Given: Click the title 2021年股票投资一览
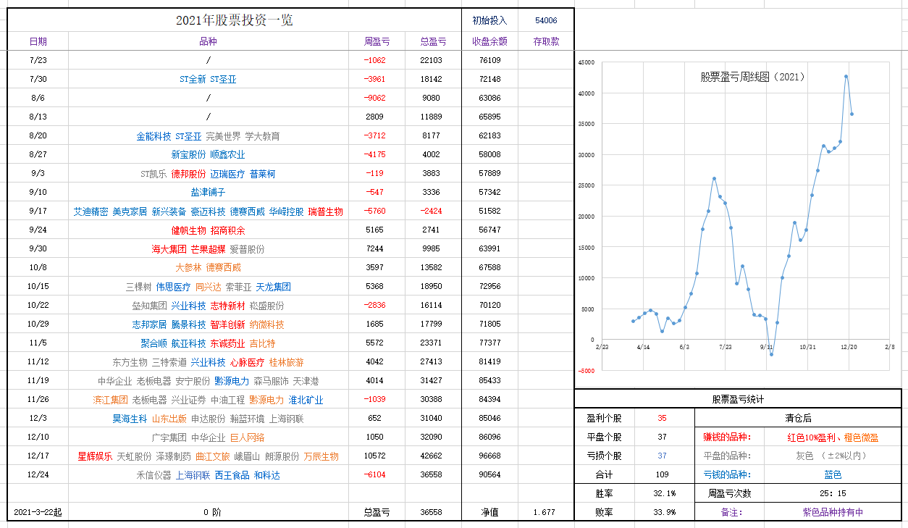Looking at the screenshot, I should [235, 20].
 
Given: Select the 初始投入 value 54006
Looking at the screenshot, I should [546, 20].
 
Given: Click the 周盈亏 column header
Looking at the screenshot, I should [376, 42].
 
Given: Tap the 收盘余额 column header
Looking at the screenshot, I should [489, 42].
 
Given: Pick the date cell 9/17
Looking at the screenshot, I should [38, 211].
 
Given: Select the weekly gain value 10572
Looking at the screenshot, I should [376, 456].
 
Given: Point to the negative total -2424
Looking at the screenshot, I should [431, 211].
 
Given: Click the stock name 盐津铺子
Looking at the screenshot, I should [208, 193].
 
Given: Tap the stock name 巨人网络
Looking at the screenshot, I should [247, 437].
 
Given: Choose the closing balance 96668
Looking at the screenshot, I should [489, 456].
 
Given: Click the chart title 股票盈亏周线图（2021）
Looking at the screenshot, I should [752, 77].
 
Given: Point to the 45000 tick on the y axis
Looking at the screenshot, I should [586, 63].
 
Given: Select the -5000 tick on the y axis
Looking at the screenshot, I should [586, 371].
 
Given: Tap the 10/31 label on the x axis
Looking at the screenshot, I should [808, 348].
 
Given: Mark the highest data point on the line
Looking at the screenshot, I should [846, 76].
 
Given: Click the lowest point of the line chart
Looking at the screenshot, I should [771, 354].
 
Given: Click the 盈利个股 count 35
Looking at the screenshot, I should [663, 418].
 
